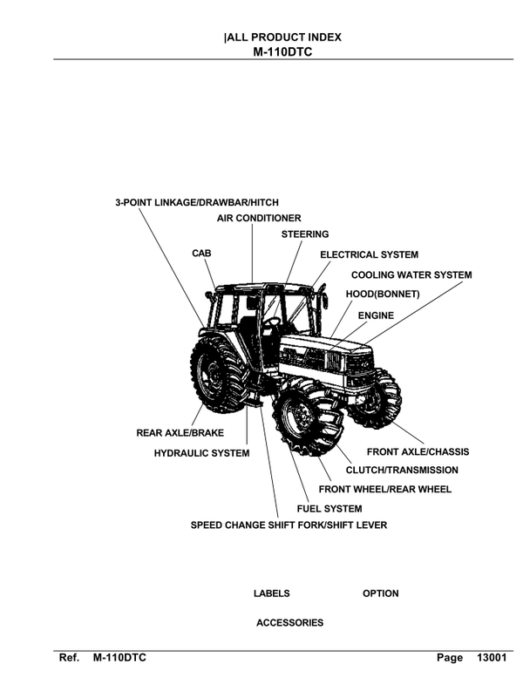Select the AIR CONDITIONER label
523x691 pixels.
click(x=259, y=218)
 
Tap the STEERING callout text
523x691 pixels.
click(x=305, y=234)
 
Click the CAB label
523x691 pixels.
click(x=201, y=253)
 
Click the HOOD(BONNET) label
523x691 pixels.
click(x=383, y=295)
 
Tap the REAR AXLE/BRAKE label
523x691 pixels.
click(x=180, y=433)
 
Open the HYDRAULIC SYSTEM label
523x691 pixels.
click(x=201, y=453)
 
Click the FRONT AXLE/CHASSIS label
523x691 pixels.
click(x=418, y=452)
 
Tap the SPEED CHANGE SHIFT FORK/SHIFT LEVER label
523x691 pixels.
click(x=289, y=525)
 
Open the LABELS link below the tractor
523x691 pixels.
click(x=271, y=593)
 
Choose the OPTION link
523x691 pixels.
click(x=380, y=593)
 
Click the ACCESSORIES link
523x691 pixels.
click(x=289, y=623)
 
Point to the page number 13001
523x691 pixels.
click(x=492, y=658)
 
